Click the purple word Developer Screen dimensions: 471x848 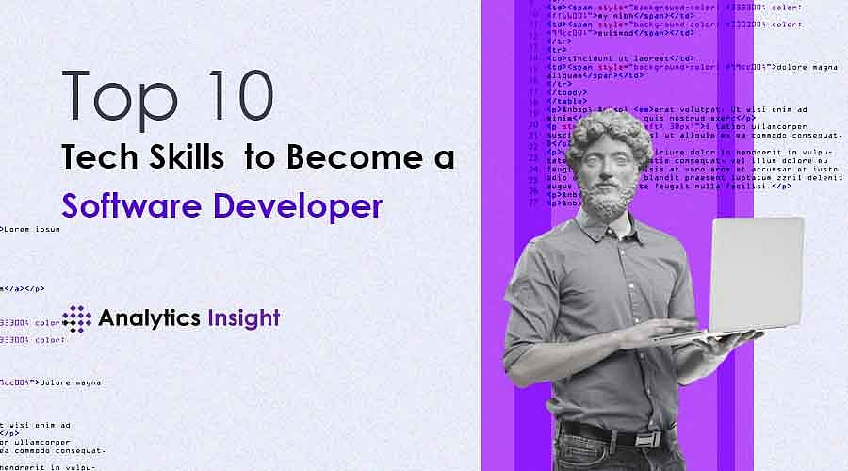pos(302,205)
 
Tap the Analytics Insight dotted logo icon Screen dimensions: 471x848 pos(76,318)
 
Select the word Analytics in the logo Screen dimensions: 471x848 pos(148,318)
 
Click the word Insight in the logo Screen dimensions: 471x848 pos(243,318)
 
